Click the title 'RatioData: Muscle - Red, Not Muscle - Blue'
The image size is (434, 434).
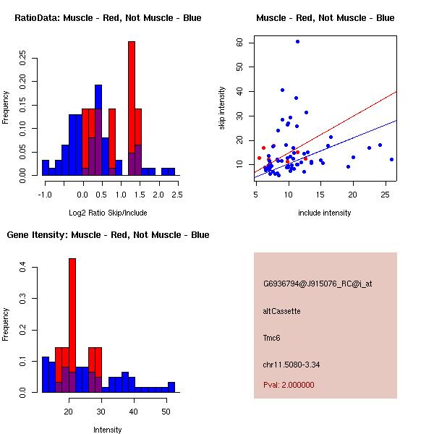point(108,17)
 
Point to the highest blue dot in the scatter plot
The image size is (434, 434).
point(297,42)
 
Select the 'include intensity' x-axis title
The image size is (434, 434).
point(325,213)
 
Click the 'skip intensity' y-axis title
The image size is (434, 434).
point(223,109)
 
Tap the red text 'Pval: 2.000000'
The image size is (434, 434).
point(289,385)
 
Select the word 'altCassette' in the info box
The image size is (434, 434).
point(281,311)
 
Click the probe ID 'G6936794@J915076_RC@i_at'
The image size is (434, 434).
point(318,284)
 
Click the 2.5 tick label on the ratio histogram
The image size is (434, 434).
point(177,194)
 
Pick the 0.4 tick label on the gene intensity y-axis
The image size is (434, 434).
point(22,268)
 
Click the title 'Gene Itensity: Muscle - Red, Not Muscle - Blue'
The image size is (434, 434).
point(108,235)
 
